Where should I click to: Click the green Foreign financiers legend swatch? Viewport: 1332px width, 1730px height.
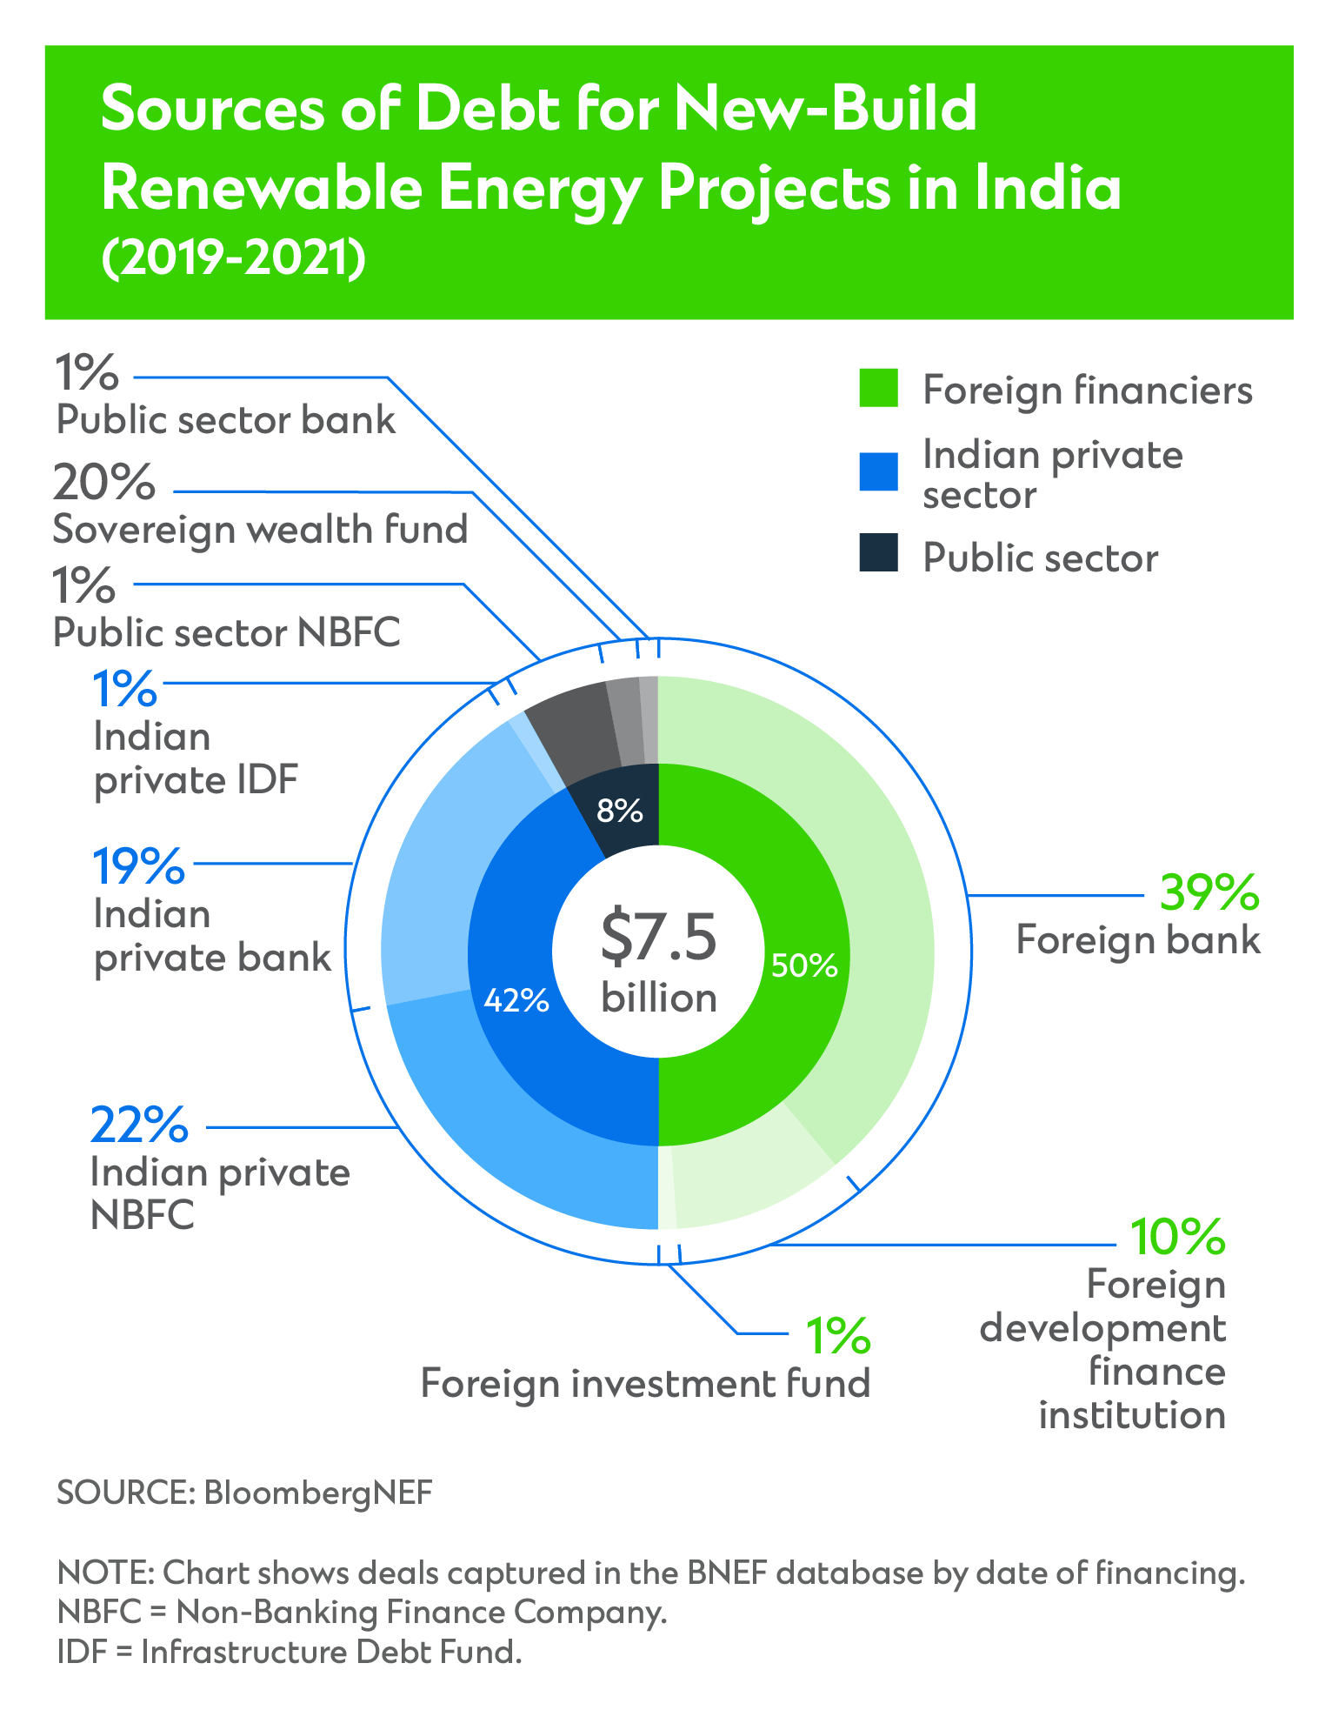pos(878,388)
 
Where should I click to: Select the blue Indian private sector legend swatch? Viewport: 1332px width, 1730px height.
pos(878,471)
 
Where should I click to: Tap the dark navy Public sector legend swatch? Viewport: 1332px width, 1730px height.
pos(878,553)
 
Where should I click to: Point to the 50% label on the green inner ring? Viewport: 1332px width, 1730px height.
pos(804,965)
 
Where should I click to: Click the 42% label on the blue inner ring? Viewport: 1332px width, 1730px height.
pos(516,1000)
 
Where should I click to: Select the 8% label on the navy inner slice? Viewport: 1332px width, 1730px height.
pos(620,812)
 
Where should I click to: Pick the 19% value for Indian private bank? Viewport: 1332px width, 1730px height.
pos(139,866)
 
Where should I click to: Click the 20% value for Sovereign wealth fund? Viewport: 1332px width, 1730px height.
pos(104,483)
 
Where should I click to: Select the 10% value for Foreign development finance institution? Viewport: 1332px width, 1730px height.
pos(1177,1237)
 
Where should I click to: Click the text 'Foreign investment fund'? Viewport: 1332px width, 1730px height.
pos(645,1383)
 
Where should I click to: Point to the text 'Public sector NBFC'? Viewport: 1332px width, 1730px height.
pos(227,632)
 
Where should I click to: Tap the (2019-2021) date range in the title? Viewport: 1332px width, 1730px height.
pos(233,259)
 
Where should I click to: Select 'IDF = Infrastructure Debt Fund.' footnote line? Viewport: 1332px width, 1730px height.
pos(290,1651)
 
